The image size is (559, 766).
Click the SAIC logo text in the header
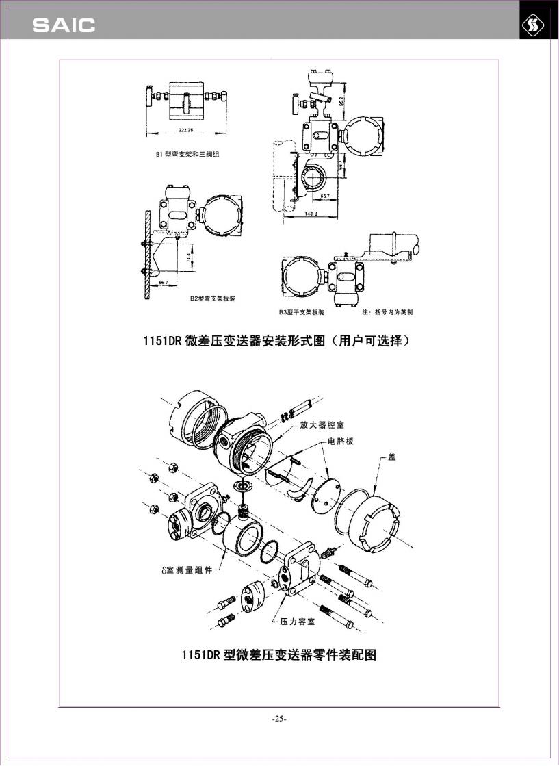pos(64,26)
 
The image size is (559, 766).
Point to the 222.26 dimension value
pos(185,129)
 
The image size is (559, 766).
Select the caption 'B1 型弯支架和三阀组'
pos(187,155)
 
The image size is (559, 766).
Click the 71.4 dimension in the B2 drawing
pos(188,259)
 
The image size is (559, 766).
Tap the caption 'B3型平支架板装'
pos(301,312)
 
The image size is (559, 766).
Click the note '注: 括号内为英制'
pos(387,312)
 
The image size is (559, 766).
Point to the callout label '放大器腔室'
pos(322,425)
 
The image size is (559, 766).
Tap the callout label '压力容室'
pos(297,622)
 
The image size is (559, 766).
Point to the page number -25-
pos(279,719)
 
